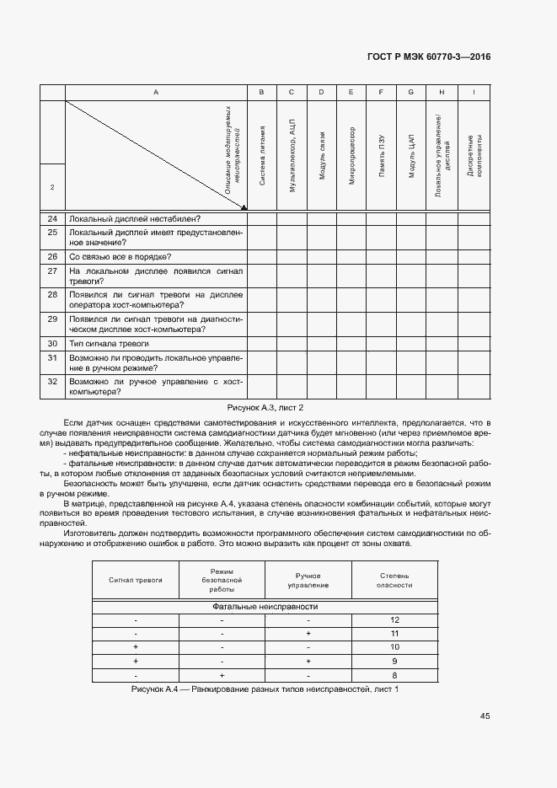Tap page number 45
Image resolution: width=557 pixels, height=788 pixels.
(x=485, y=716)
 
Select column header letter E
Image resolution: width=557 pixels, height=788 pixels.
(x=351, y=92)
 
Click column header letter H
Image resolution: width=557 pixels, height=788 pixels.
(x=441, y=92)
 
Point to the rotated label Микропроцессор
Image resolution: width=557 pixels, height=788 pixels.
(x=351, y=156)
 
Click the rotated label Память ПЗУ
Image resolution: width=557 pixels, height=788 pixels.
(x=382, y=156)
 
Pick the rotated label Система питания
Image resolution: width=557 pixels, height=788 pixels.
(x=262, y=156)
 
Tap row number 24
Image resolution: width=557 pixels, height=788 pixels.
(x=52, y=218)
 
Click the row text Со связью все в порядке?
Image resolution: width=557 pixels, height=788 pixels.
(x=121, y=256)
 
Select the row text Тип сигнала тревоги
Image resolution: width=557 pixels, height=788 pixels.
(x=110, y=344)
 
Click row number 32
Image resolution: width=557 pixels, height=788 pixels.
(x=52, y=381)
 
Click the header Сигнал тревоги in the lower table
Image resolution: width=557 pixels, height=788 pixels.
(x=136, y=580)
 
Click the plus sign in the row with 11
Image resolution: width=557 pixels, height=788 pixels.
(x=308, y=634)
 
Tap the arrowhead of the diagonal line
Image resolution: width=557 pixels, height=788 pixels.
(x=244, y=206)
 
